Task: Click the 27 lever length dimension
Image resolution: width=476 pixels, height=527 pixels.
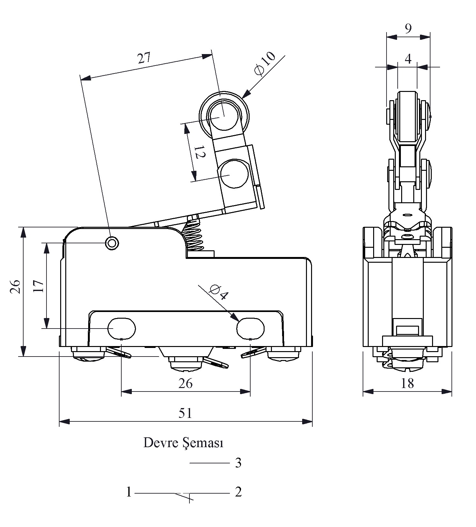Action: tap(144, 58)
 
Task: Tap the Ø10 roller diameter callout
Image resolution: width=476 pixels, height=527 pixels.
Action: tap(265, 64)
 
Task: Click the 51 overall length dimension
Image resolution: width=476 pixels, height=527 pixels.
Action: tap(186, 413)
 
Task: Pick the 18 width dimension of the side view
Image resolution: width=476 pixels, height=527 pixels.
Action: tap(407, 384)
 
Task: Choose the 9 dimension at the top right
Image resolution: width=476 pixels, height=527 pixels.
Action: tap(408, 29)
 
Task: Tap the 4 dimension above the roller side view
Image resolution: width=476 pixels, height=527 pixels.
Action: tap(408, 59)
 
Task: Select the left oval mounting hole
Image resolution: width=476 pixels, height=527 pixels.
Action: tap(122, 328)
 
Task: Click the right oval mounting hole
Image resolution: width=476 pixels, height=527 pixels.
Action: tap(251, 328)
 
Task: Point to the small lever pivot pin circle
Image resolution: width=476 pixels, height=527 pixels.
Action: tap(112, 243)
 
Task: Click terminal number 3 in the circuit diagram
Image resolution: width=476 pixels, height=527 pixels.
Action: tap(238, 463)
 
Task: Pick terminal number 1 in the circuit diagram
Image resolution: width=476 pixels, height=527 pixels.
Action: tap(129, 492)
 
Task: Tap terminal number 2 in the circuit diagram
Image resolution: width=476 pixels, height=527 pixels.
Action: tap(238, 492)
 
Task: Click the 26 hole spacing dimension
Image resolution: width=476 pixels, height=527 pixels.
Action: tap(186, 384)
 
